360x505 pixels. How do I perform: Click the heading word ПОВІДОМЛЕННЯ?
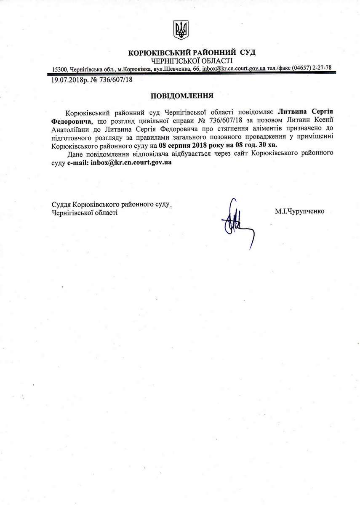(x=180, y=96)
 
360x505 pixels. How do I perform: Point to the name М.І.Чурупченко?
(x=300, y=211)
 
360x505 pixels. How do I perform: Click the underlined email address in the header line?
(x=233, y=68)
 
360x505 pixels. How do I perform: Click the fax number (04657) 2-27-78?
(x=311, y=68)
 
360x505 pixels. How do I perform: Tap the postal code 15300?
(x=59, y=69)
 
